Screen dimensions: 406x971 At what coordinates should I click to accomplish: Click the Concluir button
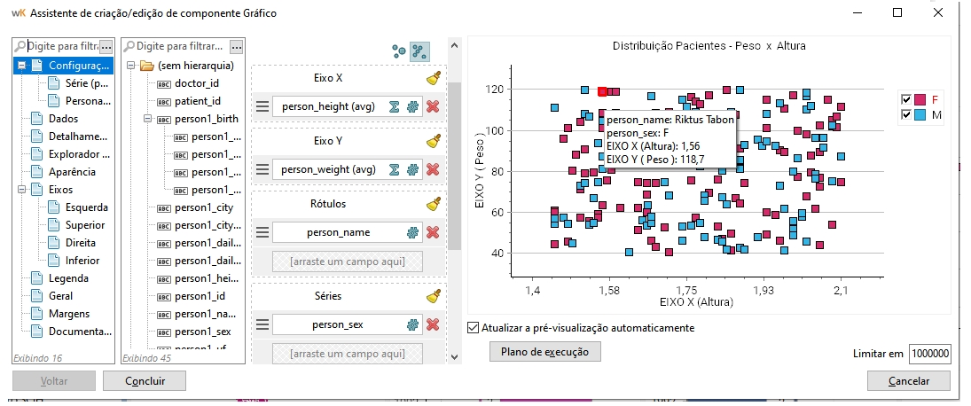click(x=145, y=380)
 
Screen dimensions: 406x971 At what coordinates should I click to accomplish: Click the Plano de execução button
click(x=544, y=351)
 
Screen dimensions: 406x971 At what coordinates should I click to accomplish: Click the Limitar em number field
click(x=929, y=354)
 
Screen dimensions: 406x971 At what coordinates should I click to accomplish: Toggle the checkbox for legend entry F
click(x=906, y=99)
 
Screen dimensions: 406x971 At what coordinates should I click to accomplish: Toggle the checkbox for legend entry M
click(x=906, y=115)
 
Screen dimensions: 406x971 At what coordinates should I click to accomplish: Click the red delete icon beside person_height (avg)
click(x=433, y=106)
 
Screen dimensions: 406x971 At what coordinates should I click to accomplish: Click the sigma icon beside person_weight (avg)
click(x=394, y=169)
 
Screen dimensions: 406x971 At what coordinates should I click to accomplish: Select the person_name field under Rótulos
click(x=338, y=232)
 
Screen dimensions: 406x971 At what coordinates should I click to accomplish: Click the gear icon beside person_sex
click(x=412, y=324)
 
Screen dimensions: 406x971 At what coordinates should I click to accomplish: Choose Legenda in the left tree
click(x=68, y=278)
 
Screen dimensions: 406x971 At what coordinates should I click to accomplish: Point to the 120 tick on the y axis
click(x=495, y=90)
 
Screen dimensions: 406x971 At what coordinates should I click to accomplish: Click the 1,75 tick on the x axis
click(x=686, y=290)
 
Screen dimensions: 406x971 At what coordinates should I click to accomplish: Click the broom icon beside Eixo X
click(x=433, y=78)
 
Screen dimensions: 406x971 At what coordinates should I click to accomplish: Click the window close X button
click(x=938, y=12)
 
